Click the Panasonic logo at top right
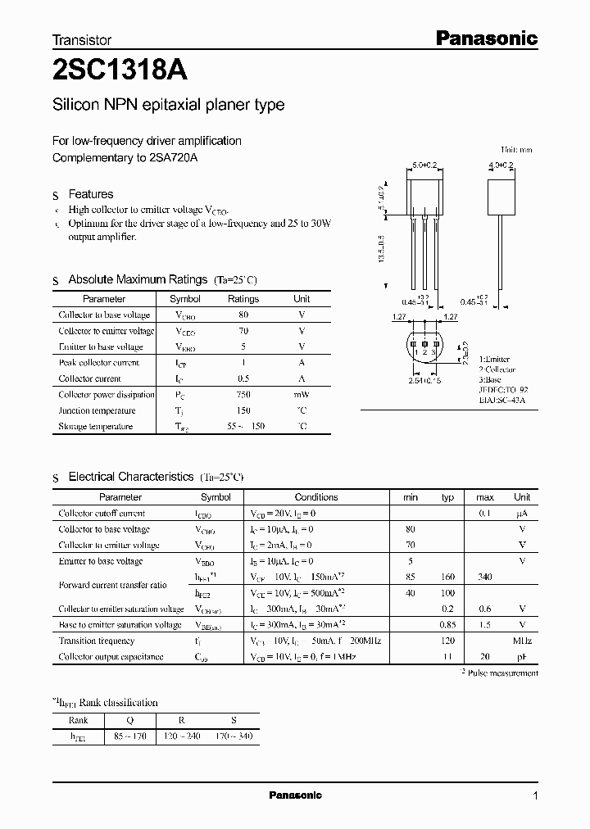coord(485,38)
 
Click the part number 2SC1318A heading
coord(120,71)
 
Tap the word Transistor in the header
coord(82,39)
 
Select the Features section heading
coord(91,194)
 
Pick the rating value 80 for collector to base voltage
coord(243,315)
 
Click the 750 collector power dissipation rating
coord(243,394)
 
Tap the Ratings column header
coord(243,299)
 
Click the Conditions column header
coord(316,497)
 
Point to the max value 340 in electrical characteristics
coord(485,577)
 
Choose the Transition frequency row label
coord(97,641)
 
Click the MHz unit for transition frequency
coord(522,641)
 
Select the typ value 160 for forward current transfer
coord(447,577)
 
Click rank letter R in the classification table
coord(182,719)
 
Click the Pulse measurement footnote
coord(502,673)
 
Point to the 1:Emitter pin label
coord(494,359)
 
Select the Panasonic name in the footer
coord(295,795)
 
